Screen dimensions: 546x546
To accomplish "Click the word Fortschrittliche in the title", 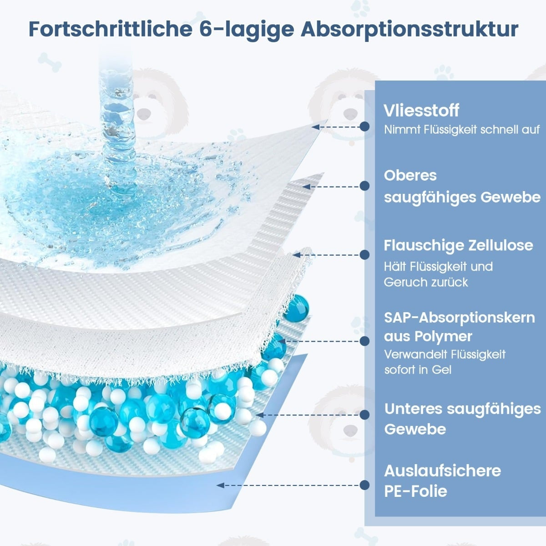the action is point(111,29).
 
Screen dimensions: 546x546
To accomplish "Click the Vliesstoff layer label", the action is point(421,111).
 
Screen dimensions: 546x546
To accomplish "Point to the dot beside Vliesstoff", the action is point(364,126).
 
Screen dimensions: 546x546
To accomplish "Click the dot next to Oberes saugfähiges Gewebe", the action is point(364,186).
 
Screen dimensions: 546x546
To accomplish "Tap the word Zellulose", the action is point(500,245).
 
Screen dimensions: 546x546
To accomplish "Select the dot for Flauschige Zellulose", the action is point(364,255).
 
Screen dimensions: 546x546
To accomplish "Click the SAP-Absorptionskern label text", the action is point(459,318).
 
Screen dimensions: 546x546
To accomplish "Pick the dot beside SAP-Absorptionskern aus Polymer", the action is point(364,341).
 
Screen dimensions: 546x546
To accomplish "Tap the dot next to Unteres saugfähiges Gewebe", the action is point(364,415).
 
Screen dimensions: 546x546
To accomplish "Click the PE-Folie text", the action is point(415,491).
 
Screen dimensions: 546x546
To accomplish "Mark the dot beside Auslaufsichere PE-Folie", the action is point(364,485).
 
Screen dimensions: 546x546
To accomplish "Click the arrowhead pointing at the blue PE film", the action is point(220,485).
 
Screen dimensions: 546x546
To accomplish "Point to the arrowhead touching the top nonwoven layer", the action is point(315,127).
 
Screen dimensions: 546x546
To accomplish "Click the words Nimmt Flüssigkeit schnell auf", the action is point(461,130).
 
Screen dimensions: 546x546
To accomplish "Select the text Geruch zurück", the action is point(426,283).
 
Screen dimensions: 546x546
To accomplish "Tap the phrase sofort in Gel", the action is point(418,370).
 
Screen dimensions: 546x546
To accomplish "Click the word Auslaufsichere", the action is point(443,471).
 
